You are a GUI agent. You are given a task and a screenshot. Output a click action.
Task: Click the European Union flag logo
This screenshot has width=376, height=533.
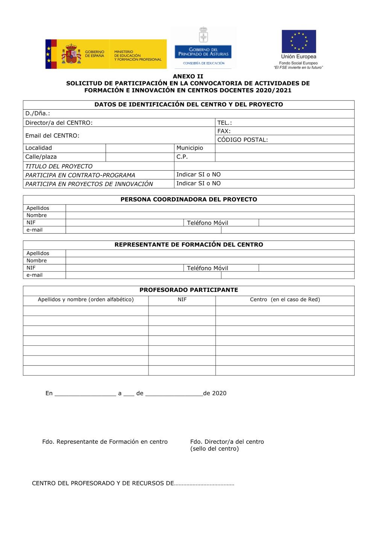(299, 41)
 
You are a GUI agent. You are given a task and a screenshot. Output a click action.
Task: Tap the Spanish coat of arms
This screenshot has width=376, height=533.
(71, 54)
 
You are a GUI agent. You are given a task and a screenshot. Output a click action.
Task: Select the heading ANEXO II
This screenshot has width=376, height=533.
(188, 76)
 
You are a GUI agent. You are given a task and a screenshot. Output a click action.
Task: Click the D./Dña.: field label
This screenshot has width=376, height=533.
(38, 113)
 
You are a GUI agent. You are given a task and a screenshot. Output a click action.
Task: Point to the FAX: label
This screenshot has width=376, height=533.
(224, 131)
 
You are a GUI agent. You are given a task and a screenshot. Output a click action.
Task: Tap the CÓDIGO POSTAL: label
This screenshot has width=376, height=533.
(243, 140)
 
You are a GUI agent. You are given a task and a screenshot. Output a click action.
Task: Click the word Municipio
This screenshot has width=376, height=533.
(190, 148)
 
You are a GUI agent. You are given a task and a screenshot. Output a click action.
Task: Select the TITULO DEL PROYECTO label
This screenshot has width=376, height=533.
(59, 166)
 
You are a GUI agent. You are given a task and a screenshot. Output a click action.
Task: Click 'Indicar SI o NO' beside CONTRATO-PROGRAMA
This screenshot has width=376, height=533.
(199, 174)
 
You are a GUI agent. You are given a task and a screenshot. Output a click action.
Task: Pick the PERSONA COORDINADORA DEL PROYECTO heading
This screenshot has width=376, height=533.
(189, 200)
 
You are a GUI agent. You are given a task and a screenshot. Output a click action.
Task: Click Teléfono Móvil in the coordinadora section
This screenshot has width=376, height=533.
(208, 223)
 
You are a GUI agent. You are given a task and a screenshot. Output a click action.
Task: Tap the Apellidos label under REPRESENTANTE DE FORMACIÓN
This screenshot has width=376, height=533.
(38, 254)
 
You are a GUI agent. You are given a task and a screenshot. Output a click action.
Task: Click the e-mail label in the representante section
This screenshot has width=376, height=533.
(34, 275)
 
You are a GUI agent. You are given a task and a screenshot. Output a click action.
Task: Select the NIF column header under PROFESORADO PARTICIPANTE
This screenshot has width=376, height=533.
(182, 300)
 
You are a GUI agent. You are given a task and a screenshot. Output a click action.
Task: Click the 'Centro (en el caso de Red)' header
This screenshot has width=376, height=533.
(285, 300)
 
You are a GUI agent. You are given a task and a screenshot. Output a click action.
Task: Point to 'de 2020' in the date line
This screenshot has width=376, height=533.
(215, 393)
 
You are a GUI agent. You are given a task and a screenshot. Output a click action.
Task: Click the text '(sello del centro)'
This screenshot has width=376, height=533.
(214, 449)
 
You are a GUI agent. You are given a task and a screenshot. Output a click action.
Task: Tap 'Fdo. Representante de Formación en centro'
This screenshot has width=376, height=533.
(105, 442)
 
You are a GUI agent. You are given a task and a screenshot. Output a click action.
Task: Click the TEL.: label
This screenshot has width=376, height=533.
(224, 123)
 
